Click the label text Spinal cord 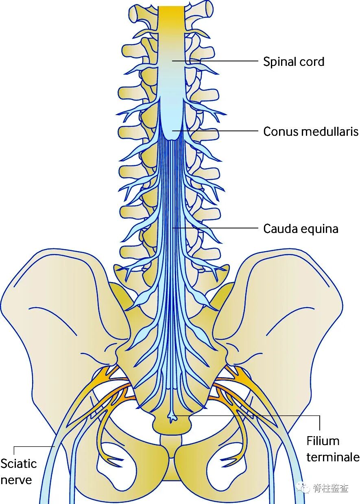coord(293,62)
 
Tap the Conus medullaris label coord(311,132)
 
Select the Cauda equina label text coord(301,228)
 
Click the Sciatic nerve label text coord(18,471)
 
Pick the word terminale coord(333,457)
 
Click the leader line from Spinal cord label coord(220,61)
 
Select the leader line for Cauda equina coord(220,228)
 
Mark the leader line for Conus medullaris coord(220,131)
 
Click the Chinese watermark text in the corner coord(331,488)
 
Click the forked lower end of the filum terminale coord(173,417)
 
